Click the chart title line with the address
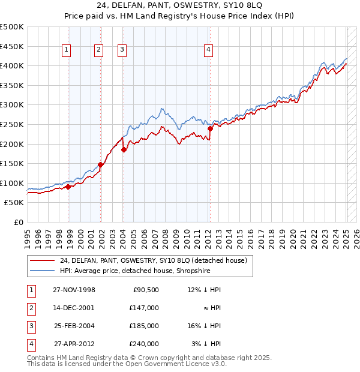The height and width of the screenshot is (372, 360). coord(179,7)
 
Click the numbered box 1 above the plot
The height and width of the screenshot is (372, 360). coord(65,50)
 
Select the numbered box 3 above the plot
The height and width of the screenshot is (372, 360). coord(122,50)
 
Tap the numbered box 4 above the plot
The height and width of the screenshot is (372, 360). coord(208,50)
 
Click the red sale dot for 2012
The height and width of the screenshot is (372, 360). coord(211,128)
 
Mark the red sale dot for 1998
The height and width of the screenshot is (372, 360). coord(68,187)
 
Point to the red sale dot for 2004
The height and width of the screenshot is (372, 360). coord(124,150)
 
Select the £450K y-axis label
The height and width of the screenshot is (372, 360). coord(13,46)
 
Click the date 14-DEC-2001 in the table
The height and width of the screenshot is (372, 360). coord(73,308)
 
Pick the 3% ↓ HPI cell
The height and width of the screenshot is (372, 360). coord(206,344)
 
